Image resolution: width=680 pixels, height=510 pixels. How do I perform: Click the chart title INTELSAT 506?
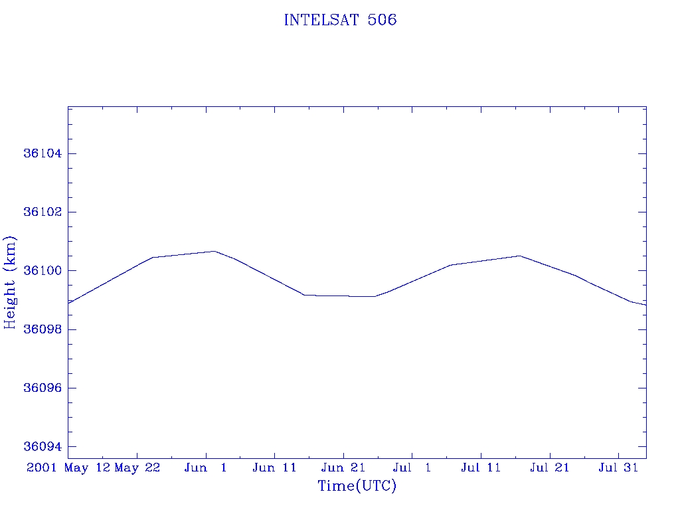click(340, 20)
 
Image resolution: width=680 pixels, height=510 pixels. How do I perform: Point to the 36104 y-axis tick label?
click(42, 153)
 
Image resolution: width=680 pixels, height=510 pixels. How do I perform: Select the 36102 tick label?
click(42, 212)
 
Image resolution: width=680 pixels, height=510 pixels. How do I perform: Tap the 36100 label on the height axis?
click(42, 271)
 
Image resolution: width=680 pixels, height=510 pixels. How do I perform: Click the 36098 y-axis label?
click(42, 329)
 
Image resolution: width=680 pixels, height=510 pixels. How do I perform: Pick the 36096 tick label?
click(42, 388)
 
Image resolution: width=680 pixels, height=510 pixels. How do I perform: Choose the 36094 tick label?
click(42, 446)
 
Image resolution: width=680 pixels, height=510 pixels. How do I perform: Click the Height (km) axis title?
click(9, 282)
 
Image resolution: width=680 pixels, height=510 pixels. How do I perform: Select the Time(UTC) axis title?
click(357, 485)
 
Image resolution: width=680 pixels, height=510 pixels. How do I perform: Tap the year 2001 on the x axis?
click(42, 467)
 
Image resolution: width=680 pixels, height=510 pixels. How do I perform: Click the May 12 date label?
click(87, 467)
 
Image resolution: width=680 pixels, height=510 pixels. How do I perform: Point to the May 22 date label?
click(137, 467)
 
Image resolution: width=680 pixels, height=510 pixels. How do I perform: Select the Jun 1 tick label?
click(206, 467)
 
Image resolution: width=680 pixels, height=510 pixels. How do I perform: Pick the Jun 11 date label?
click(274, 467)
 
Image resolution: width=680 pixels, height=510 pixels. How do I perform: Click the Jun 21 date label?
click(343, 467)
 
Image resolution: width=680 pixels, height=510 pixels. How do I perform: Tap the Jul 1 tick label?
click(412, 467)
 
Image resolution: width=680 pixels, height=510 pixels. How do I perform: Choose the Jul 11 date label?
click(481, 467)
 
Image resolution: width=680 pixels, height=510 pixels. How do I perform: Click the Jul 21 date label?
click(549, 467)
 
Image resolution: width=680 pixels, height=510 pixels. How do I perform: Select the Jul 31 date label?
click(618, 467)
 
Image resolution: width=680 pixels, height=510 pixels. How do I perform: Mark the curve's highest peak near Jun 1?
click(214, 251)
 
